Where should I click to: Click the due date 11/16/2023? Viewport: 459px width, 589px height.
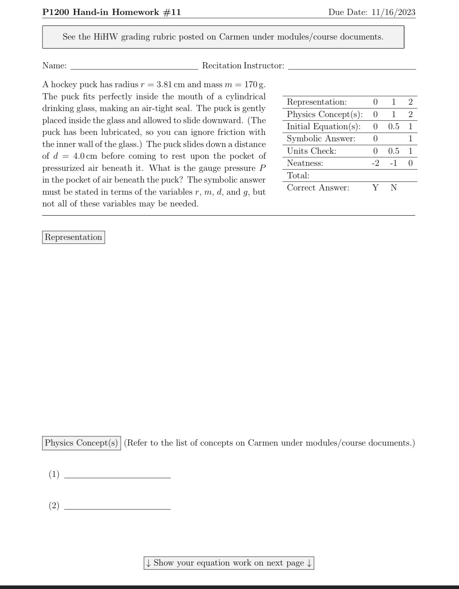coord(393,12)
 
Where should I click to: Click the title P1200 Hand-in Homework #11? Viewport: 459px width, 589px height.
coord(111,12)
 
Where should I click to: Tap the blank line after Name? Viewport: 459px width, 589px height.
coord(134,67)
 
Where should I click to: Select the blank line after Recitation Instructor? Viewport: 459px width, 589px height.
coord(352,67)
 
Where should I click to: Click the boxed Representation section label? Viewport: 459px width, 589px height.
coord(73,237)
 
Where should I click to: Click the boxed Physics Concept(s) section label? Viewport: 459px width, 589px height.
coord(81,443)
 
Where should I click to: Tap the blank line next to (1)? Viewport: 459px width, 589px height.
coord(117,475)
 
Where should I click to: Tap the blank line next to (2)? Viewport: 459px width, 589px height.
coord(117,506)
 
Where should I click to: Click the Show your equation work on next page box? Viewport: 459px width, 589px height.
coord(229,563)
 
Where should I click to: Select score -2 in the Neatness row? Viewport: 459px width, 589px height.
coord(375,163)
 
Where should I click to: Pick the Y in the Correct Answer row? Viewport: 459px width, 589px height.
coord(375,188)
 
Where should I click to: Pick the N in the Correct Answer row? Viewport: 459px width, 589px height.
coord(394,188)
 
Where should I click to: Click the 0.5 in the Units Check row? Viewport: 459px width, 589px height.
coord(394,151)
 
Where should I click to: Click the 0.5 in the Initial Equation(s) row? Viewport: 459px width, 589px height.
coord(394,127)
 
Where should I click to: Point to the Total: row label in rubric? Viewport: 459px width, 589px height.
coord(298,175)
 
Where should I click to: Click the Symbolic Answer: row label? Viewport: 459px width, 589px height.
coord(321,139)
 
